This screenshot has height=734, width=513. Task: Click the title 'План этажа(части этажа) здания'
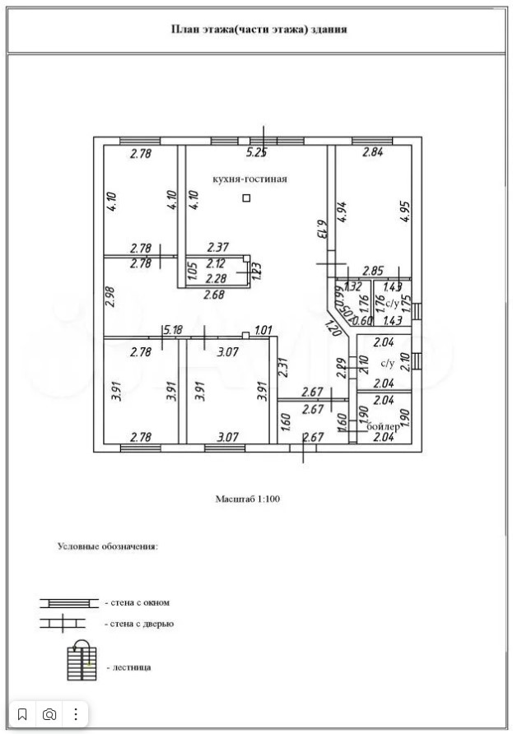[x=259, y=29]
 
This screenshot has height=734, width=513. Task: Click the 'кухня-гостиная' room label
[x=249, y=179]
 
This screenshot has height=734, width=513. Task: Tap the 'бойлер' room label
[x=383, y=426]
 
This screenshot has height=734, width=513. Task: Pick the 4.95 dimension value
[x=403, y=211]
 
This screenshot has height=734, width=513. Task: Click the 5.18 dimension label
[x=172, y=330]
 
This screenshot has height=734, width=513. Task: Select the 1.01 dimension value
[x=263, y=331]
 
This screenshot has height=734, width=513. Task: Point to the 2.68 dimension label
[x=215, y=295]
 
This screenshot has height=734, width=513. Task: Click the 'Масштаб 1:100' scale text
[x=248, y=498]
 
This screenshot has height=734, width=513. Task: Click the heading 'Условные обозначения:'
[x=107, y=545]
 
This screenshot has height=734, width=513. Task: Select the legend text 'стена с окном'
[x=137, y=603]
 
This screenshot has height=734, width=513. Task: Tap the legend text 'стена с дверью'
[x=139, y=624]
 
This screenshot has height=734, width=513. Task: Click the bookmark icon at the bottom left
[x=22, y=713]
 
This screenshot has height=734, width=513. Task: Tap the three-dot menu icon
[x=77, y=713]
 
